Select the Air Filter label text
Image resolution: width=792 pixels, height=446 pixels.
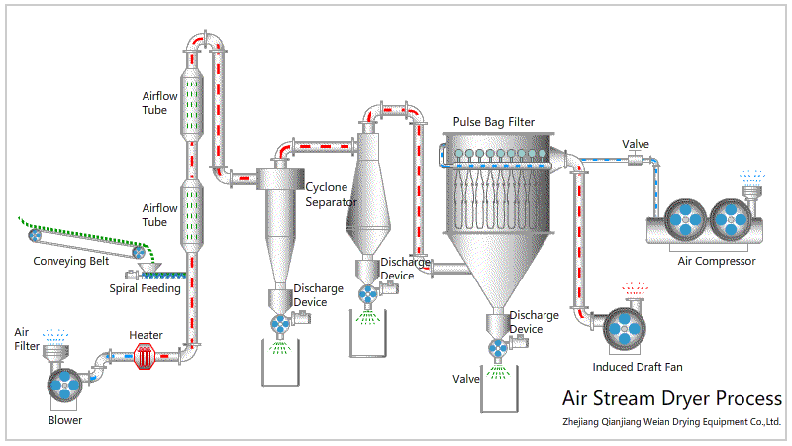click(x=26, y=338)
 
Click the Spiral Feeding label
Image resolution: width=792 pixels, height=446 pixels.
click(x=145, y=289)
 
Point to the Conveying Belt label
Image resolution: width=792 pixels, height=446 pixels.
click(x=71, y=263)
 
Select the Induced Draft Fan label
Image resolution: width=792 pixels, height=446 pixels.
click(x=638, y=367)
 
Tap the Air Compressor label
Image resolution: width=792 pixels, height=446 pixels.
click(x=717, y=261)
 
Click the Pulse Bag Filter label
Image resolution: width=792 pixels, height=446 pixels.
click(x=493, y=122)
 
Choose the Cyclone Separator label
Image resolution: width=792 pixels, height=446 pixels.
click(x=331, y=194)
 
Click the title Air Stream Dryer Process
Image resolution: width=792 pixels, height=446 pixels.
click(x=671, y=399)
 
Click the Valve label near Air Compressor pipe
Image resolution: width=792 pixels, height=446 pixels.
click(x=635, y=144)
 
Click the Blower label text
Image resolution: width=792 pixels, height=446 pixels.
click(x=65, y=420)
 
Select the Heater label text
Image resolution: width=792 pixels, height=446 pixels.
click(x=146, y=335)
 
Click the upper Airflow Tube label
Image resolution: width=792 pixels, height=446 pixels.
click(x=160, y=103)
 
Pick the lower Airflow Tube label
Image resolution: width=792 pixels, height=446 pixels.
click(x=160, y=215)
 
